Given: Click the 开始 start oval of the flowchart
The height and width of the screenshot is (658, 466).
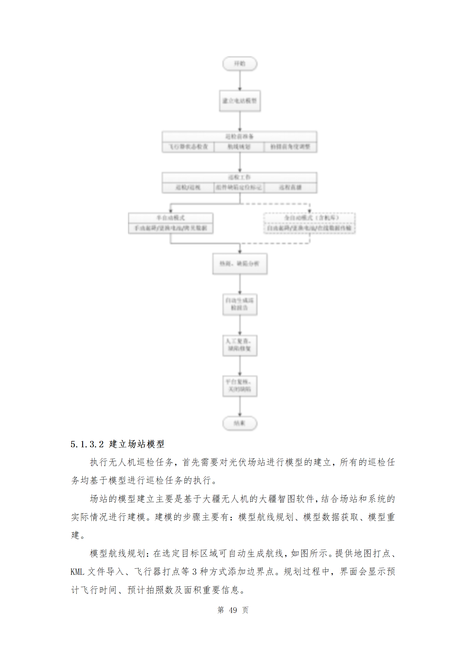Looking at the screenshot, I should pyautogui.click(x=240, y=64).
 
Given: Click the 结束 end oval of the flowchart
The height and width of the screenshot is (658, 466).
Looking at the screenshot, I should pyautogui.click(x=240, y=423).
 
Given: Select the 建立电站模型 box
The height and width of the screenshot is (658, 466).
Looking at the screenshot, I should pyautogui.click(x=240, y=101).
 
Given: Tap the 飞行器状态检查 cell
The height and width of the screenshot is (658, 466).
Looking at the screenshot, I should pyautogui.click(x=188, y=147).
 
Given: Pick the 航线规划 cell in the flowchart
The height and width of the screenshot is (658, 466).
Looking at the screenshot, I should pyautogui.click(x=239, y=147).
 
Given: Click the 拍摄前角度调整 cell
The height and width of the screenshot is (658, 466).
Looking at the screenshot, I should pyautogui.click(x=290, y=147).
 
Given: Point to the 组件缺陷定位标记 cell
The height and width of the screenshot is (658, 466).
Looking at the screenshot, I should pyautogui.click(x=239, y=187).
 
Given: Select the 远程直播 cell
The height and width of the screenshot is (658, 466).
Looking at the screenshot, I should pyautogui.click(x=290, y=187).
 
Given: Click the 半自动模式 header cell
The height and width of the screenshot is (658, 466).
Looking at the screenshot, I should pyautogui.click(x=170, y=218).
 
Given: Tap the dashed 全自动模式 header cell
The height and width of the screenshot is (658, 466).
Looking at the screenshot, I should pyautogui.click(x=309, y=218).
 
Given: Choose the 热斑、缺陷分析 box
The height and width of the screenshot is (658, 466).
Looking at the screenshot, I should pyautogui.click(x=240, y=264).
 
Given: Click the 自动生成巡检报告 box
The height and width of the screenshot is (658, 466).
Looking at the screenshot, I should pyautogui.click(x=240, y=304).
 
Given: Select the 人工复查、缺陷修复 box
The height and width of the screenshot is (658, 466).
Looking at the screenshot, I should pyautogui.click(x=240, y=345).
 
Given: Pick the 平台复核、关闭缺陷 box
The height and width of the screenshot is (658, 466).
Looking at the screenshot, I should pyautogui.click(x=240, y=386).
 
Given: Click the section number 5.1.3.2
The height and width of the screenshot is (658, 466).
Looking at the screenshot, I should pyautogui.click(x=87, y=444).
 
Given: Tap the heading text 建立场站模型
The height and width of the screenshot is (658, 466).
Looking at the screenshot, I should pyautogui.click(x=136, y=444).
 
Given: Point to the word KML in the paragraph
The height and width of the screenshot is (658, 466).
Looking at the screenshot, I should pyautogui.click(x=77, y=572).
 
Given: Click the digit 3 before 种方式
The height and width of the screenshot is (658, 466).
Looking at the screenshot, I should pyautogui.click(x=194, y=572).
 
